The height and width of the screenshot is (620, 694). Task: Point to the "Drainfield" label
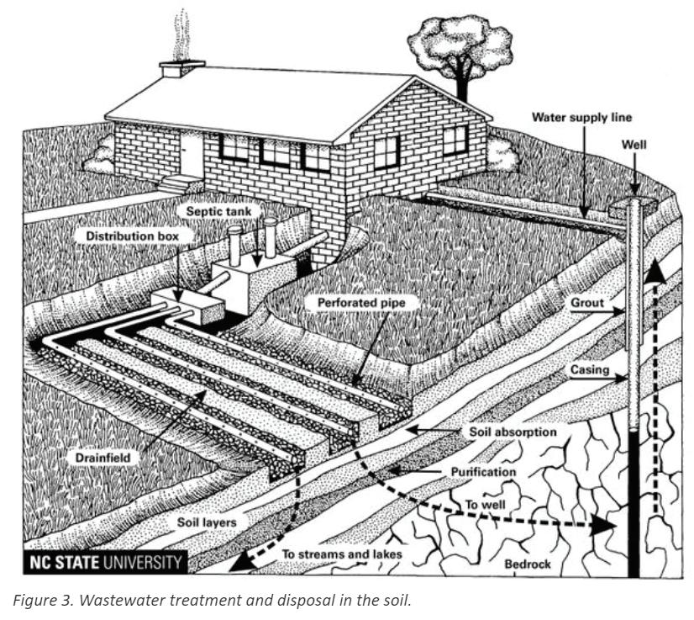pyautogui.click(x=98, y=457)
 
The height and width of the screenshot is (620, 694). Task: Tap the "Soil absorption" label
pyautogui.click(x=512, y=432)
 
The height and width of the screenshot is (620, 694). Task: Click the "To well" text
pyautogui.click(x=482, y=506)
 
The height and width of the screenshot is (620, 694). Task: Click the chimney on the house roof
pyautogui.click(x=182, y=68)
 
